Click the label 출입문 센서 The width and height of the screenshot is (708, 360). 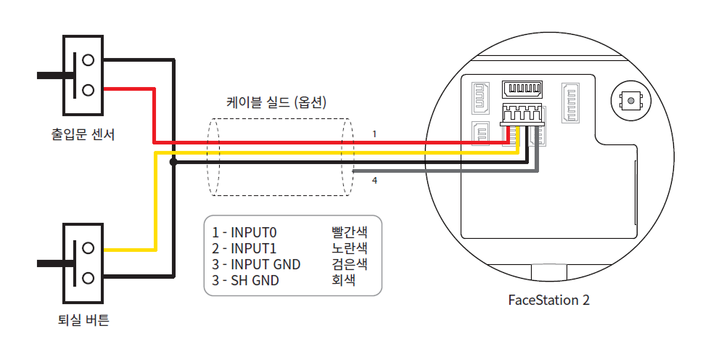tap(83, 134)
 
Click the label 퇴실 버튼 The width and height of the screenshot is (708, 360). tap(83, 319)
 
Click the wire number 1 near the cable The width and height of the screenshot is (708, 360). tap(374, 134)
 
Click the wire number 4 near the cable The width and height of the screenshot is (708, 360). tap(374, 180)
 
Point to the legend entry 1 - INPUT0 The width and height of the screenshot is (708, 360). tap(245, 232)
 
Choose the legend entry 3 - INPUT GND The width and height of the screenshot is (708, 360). tap(256, 264)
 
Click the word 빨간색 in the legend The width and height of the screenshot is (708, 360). tap(350, 232)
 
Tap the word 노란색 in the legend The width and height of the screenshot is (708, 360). tap(350, 248)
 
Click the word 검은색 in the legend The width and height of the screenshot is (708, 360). tap(350, 264)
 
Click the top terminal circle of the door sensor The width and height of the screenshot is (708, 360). tap(88, 59)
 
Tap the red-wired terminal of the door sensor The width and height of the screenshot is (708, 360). tap(88, 89)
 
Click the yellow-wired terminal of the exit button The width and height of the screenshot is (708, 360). tap(88, 248)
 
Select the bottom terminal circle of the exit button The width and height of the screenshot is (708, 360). tap(88, 277)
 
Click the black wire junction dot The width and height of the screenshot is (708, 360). tap(173, 163)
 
